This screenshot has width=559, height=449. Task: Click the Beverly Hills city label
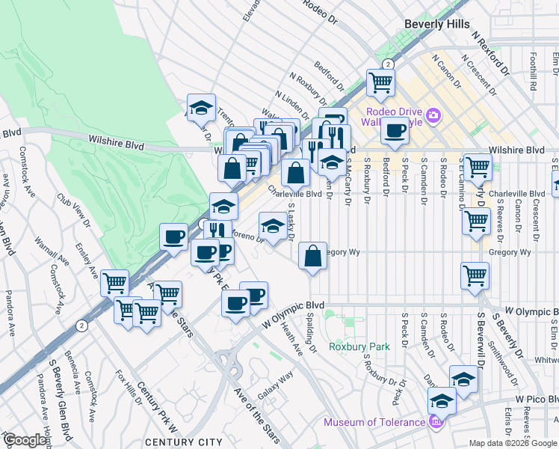436,24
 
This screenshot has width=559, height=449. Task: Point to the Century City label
173,442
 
